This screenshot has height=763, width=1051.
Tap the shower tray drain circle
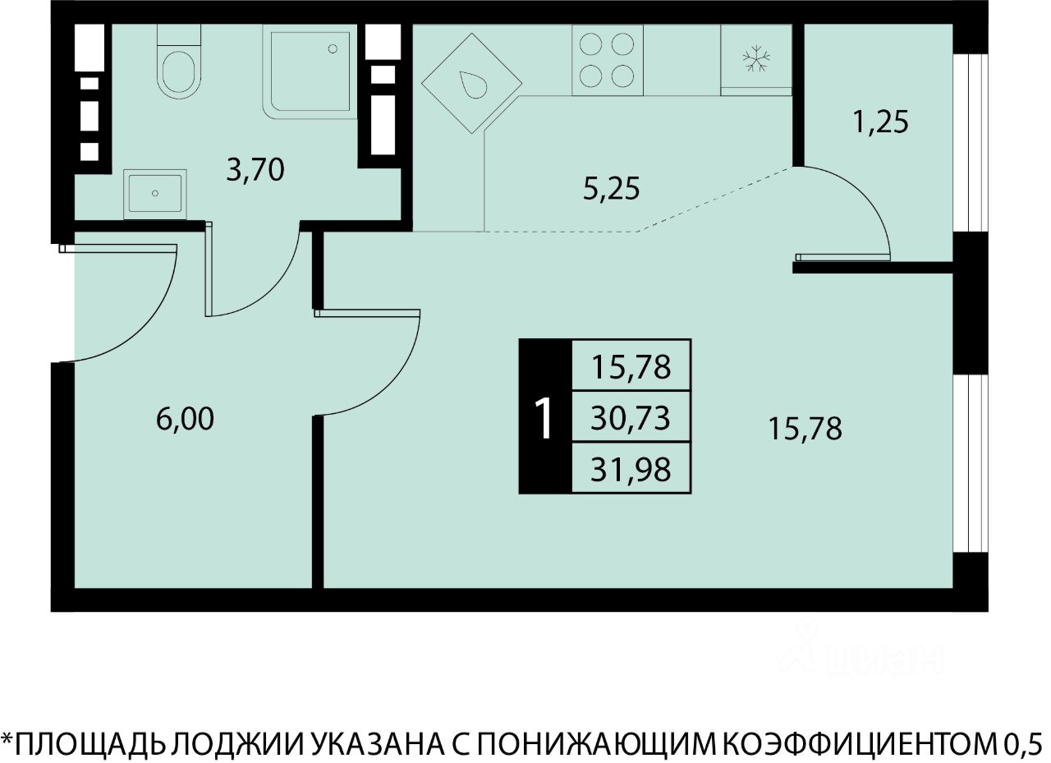click(333, 48)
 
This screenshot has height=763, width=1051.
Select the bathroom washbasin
click(155, 195)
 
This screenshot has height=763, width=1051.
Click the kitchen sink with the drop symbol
click(471, 84)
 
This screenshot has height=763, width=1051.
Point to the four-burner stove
click(607, 61)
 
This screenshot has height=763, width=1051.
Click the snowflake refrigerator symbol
click(756, 58)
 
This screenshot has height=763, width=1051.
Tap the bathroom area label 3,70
click(255, 170)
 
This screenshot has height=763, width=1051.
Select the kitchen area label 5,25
click(612, 189)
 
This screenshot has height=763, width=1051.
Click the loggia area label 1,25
click(881, 122)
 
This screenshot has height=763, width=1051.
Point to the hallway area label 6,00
click(185, 419)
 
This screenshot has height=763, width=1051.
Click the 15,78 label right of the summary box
click(805, 429)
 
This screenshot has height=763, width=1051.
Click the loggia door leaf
click(842, 257)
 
